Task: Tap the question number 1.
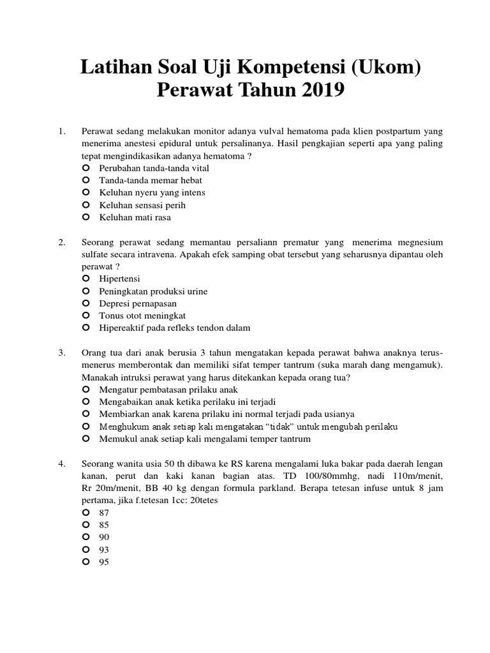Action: click(62, 131)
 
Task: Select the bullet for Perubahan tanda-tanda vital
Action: click(86, 168)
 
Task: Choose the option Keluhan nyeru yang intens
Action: click(152, 193)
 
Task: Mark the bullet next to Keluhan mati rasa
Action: click(86, 217)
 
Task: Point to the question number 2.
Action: click(62, 242)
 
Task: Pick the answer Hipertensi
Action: click(119, 279)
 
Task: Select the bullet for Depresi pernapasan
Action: click(86, 304)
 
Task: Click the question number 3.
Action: click(62, 353)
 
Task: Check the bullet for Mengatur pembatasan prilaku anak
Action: click(86, 390)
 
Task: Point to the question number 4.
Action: click(62, 464)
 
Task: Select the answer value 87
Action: click(105, 513)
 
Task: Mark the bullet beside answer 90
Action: click(86, 537)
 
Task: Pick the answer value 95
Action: click(105, 562)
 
